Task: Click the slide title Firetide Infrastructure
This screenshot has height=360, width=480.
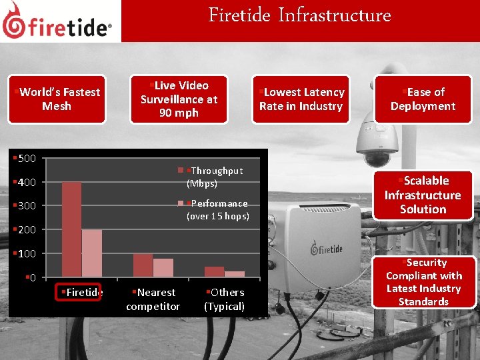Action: (299, 15)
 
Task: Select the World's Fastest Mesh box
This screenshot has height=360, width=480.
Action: (57, 99)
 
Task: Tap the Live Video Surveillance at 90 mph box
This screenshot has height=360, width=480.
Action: (179, 99)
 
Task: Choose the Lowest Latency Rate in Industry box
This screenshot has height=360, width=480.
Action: (301, 99)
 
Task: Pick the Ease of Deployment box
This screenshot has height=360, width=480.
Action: (423, 99)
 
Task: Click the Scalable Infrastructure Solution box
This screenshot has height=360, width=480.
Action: (423, 195)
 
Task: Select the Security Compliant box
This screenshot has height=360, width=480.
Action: (423, 282)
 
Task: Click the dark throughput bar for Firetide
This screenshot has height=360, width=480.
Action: (71, 229)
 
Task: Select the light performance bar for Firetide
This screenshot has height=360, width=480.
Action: (92, 253)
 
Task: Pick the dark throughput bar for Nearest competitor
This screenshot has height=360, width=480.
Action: (143, 265)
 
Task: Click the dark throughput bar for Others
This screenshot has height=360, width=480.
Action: (214, 271)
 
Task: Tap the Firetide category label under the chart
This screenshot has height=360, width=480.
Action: (82, 292)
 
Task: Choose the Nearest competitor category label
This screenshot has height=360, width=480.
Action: (153, 299)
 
